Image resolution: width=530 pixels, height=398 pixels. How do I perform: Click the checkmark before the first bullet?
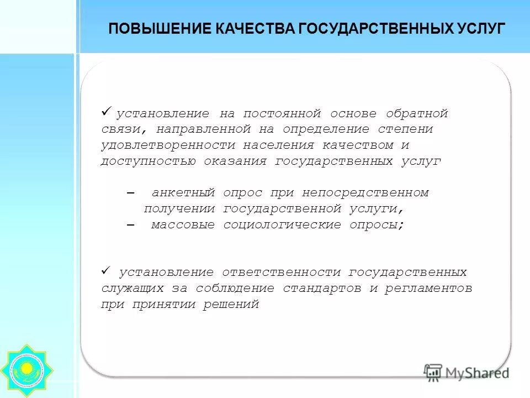(107, 112)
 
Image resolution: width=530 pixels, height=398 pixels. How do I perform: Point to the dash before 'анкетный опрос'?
(130, 193)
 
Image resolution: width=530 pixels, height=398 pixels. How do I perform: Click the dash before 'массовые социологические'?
(130, 226)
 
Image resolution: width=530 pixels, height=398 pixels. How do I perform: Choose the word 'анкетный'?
(183, 193)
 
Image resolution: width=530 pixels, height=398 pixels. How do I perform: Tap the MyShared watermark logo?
(466, 372)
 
